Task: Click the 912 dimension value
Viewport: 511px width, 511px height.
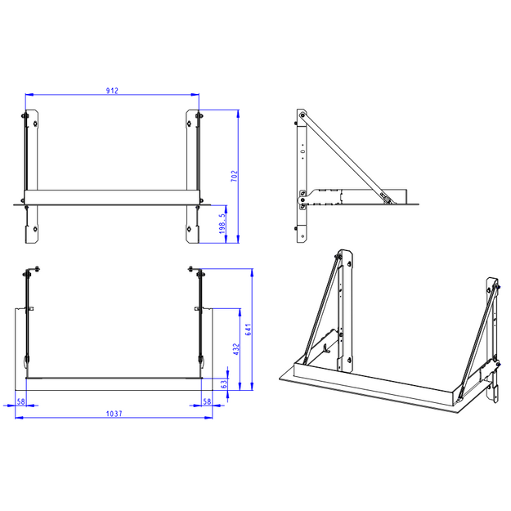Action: tap(112, 90)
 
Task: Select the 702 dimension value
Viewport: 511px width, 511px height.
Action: tap(235, 176)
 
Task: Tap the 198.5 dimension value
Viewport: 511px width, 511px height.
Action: tap(222, 223)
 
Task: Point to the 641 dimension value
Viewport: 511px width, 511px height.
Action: tap(249, 329)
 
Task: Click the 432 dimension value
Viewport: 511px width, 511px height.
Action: tap(236, 349)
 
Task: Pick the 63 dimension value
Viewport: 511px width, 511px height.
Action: tap(224, 384)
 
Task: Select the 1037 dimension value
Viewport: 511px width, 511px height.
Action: tap(114, 414)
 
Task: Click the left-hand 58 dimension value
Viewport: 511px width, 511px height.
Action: tap(21, 401)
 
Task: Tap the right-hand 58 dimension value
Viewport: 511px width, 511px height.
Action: tap(207, 401)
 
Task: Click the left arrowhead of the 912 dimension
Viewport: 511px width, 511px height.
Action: tap(29, 95)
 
